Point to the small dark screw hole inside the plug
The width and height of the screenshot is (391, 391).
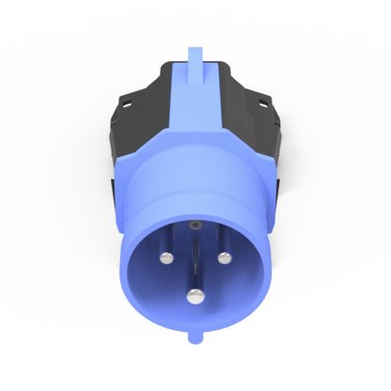pos(195,226)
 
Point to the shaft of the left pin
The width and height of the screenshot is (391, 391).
pos(166,244)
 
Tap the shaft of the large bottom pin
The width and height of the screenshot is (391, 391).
pos(195,268)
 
